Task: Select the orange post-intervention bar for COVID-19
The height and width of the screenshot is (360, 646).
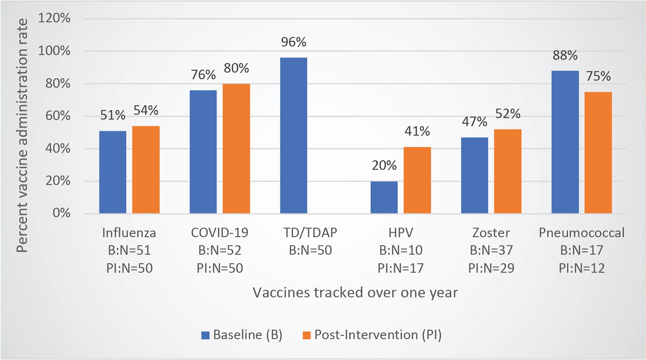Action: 236,148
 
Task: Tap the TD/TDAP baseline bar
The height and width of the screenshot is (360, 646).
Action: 294,135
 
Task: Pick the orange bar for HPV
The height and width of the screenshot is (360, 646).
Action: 417,180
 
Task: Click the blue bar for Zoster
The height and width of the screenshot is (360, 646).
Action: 474,175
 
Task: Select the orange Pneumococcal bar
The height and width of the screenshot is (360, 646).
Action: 598,153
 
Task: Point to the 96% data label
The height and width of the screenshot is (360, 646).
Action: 294,43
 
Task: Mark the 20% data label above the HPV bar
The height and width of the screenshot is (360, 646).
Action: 384,166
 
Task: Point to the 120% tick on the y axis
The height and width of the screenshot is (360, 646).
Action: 70,19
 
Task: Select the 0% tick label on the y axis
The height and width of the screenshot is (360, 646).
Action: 75,213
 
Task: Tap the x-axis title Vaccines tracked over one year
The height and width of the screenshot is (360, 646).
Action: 355,292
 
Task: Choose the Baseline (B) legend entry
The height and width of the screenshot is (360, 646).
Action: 242,335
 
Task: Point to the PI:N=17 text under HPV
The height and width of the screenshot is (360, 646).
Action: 400,268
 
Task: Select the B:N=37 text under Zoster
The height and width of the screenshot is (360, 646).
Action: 491,250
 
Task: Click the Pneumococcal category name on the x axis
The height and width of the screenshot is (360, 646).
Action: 582,233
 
